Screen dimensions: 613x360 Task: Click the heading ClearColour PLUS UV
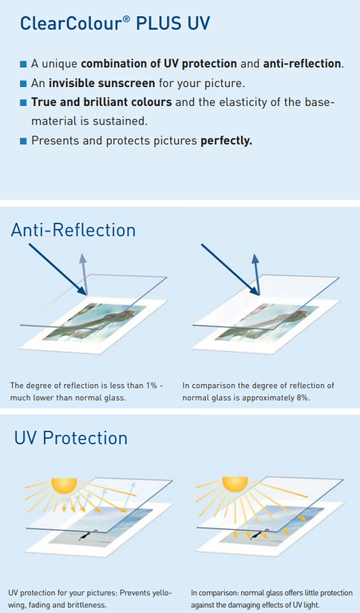point(115,23)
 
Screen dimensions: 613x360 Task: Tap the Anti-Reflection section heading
point(73,230)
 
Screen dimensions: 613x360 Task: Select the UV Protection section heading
point(70,437)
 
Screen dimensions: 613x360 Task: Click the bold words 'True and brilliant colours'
point(101,102)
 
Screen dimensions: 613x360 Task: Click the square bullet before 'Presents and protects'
point(24,141)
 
